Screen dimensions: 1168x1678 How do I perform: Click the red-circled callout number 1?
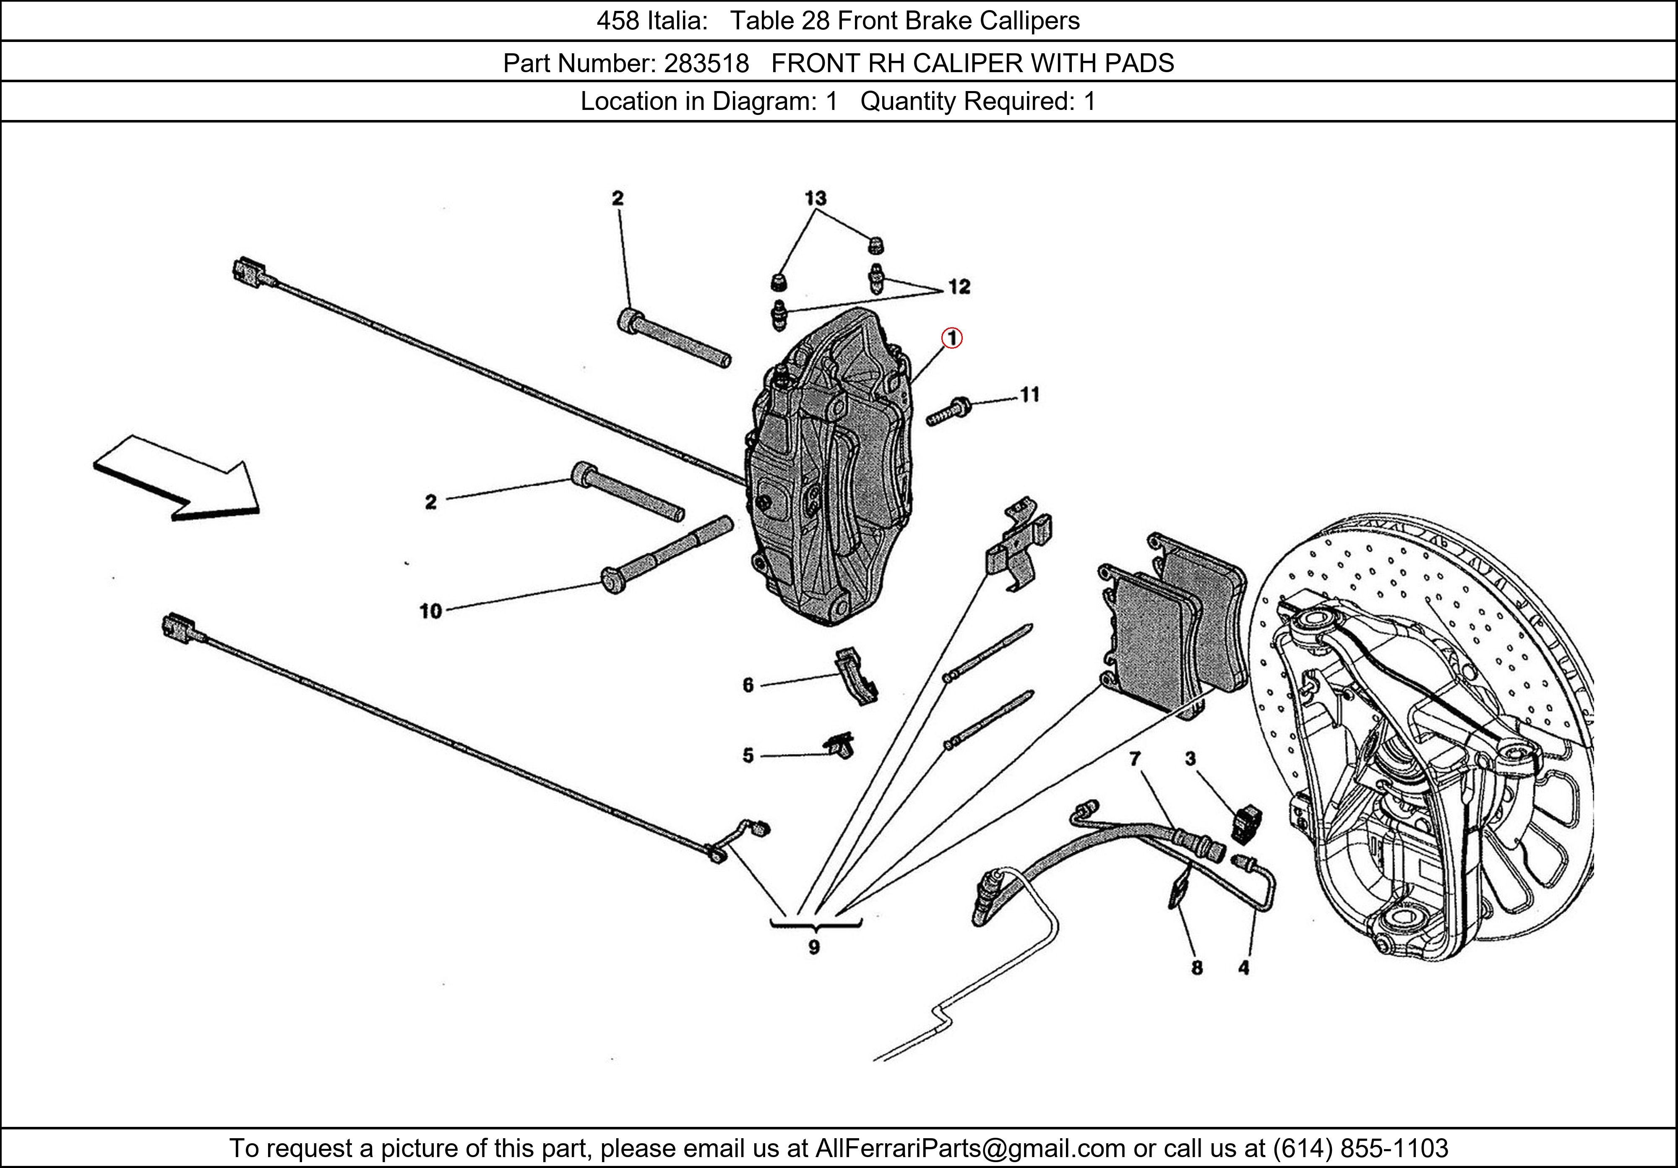tap(951, 339)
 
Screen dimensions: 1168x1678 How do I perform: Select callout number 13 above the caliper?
tap(815, 198)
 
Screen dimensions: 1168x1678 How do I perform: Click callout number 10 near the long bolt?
tap(430, 610)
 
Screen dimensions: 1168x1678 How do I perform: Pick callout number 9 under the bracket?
tap(813, 947)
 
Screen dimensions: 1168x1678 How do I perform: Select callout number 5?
tap(748, 755)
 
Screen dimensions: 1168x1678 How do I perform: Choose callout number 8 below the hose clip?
tap(1196, 968)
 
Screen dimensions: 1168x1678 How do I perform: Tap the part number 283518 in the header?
tap(706, 64)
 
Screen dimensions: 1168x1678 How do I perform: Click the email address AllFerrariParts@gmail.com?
tap(970, 1148)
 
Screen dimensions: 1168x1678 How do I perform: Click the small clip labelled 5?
tap(840, 746)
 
